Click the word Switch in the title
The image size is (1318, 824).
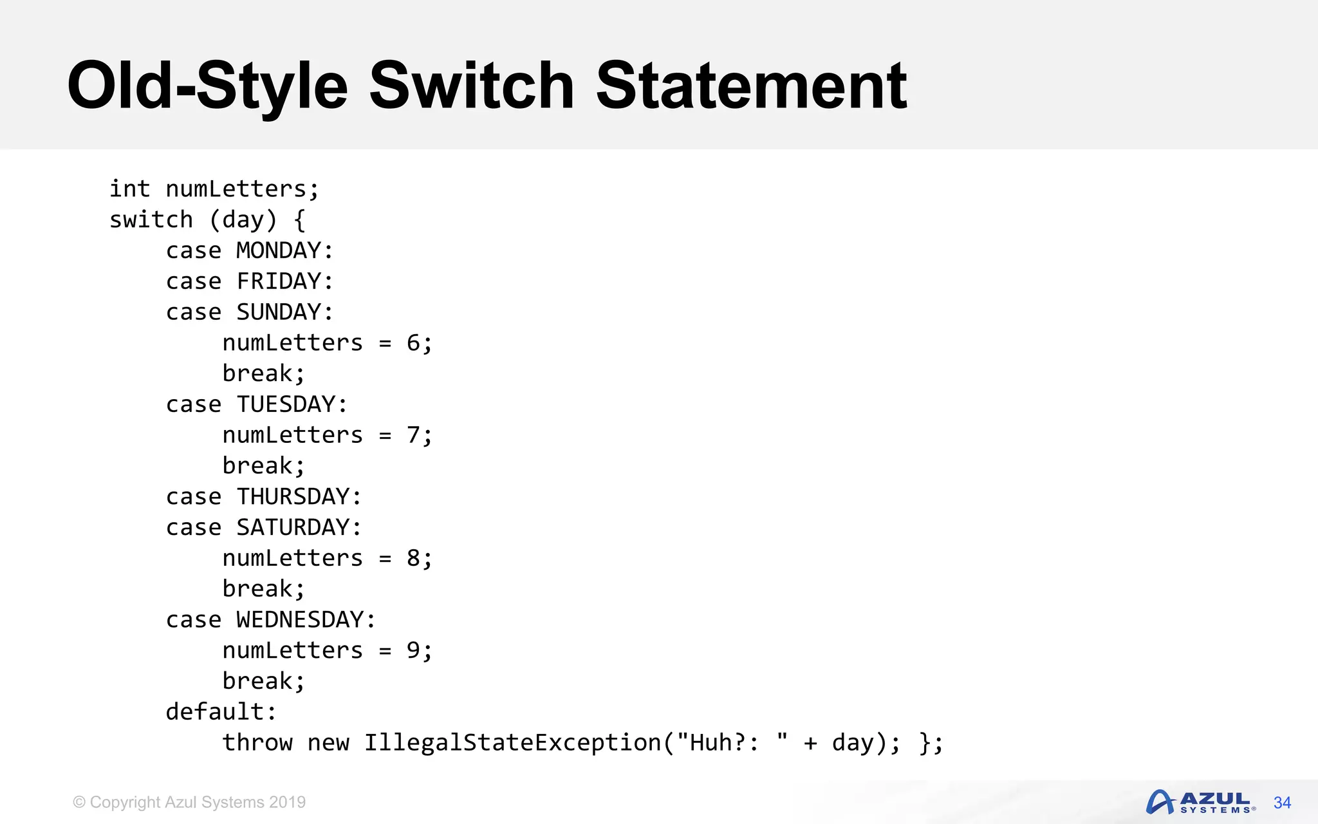(x=471, y=86)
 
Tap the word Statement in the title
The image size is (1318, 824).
(x=751, y=86)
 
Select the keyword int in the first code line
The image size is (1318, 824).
(x=129, y=189)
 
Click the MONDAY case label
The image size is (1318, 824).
(x=279, y=250)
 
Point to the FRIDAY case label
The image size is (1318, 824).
(x=279, y=281)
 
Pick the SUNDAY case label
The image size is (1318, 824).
(x=279, y=312)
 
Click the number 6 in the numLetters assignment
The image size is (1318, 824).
(x=413, y=343)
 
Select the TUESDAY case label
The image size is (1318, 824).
(x=286, y=404)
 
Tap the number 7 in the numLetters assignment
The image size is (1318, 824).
(x=413, y=435)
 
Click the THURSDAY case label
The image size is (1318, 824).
(x=293, y=497)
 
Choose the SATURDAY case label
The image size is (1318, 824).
(x=293, y=528)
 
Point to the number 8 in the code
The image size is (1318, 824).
(x=413, y=558)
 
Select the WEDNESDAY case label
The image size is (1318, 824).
(x=300, y=620)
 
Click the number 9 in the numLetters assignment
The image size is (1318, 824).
(x=413, y=651)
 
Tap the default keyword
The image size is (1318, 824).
(x=215, y=712)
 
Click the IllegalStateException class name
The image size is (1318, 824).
(x=512, y=743)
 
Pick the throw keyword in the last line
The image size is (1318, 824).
(x=257, y=743)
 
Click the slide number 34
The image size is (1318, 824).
(x=1282, y=803)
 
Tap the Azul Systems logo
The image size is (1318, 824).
(x=1200, y=803)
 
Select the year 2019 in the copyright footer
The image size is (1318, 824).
(x=287, y=803)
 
